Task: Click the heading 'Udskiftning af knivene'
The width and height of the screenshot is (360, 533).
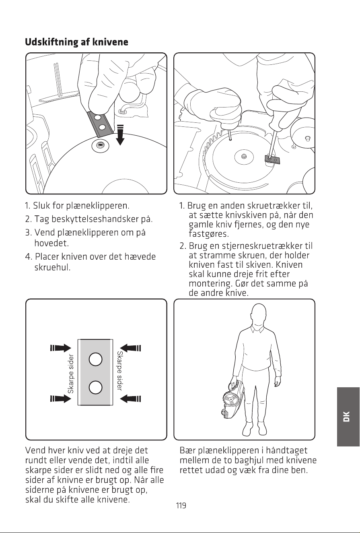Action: coord(76,42)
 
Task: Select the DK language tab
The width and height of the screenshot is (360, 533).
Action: coord(348,417)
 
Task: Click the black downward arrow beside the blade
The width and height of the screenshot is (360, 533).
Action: coord(120,135)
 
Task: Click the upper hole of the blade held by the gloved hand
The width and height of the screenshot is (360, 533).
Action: coord(97,118)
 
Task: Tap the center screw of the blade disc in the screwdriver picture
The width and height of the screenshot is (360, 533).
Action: coord(243,156)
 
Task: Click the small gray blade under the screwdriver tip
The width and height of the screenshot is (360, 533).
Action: coord(272,159)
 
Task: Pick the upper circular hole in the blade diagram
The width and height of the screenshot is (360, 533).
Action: coord(96,359)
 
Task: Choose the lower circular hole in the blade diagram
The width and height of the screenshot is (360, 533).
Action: coord(96,387)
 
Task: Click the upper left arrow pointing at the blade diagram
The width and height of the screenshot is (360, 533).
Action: coord(60,348)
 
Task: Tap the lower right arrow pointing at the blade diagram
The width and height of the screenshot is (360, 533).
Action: coord(130,399)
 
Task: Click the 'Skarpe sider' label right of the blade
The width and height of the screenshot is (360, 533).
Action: coord(120,371)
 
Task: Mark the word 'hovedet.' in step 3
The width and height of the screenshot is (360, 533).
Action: coord(51,243)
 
